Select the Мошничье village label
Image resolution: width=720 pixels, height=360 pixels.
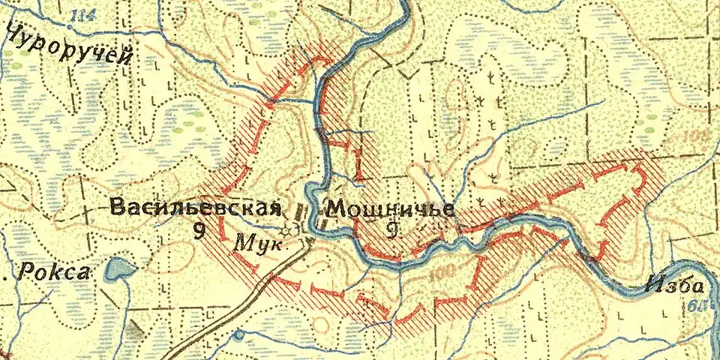click(x=391, y=207)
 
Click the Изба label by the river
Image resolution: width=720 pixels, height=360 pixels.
click(x=675, y=285)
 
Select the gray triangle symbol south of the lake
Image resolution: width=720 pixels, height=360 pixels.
click(x=136, y=328)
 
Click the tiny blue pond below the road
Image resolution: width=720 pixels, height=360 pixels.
click(x=239, y=334)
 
